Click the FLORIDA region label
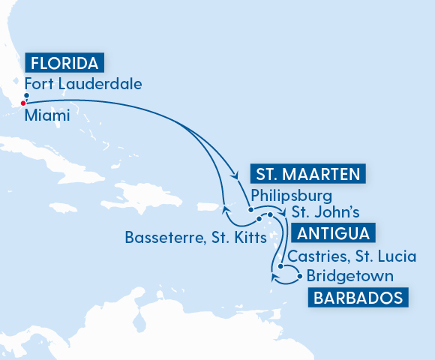64,61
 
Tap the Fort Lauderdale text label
83,84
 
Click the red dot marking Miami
23,103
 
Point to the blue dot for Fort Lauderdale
26,95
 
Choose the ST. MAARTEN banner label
308,175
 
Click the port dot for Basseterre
259,219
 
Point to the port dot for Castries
280,266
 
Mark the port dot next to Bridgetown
301,277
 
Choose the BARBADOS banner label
358,298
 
